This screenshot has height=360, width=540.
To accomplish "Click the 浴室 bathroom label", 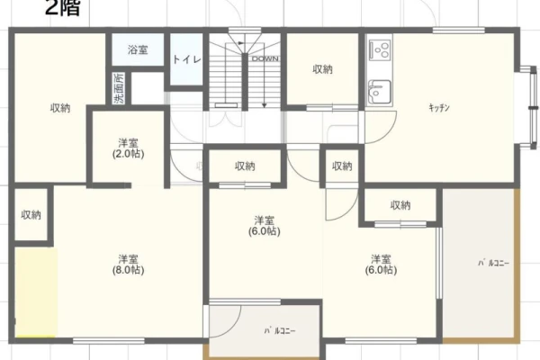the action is click(138, 50).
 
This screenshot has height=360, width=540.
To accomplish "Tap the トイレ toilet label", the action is click(186, 59).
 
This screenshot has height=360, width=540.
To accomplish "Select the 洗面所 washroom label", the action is click(119, 88).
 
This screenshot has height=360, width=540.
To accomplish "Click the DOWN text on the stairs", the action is click(265, 58).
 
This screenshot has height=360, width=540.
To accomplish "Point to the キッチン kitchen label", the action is click(439, 108).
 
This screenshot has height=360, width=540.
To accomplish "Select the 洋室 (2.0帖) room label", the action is click(128, 148).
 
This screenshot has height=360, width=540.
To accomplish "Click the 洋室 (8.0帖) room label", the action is click(128, 265).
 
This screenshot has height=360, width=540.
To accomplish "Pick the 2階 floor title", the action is click(62, 7).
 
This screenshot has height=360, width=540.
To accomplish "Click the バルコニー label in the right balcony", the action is click(493, 263).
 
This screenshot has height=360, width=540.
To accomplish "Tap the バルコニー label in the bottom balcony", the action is click(280, 331).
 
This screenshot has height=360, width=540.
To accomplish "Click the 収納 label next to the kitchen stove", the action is click(322, 69).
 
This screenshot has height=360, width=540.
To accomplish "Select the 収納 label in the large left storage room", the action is click(60, 108).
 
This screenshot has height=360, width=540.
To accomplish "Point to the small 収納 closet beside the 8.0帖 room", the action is click(31, 214).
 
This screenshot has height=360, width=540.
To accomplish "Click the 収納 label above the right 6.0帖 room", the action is click(400, 205).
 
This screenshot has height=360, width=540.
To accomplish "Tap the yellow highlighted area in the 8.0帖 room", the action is click(36, 292).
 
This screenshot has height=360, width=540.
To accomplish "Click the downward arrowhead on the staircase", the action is click(264, 105).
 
